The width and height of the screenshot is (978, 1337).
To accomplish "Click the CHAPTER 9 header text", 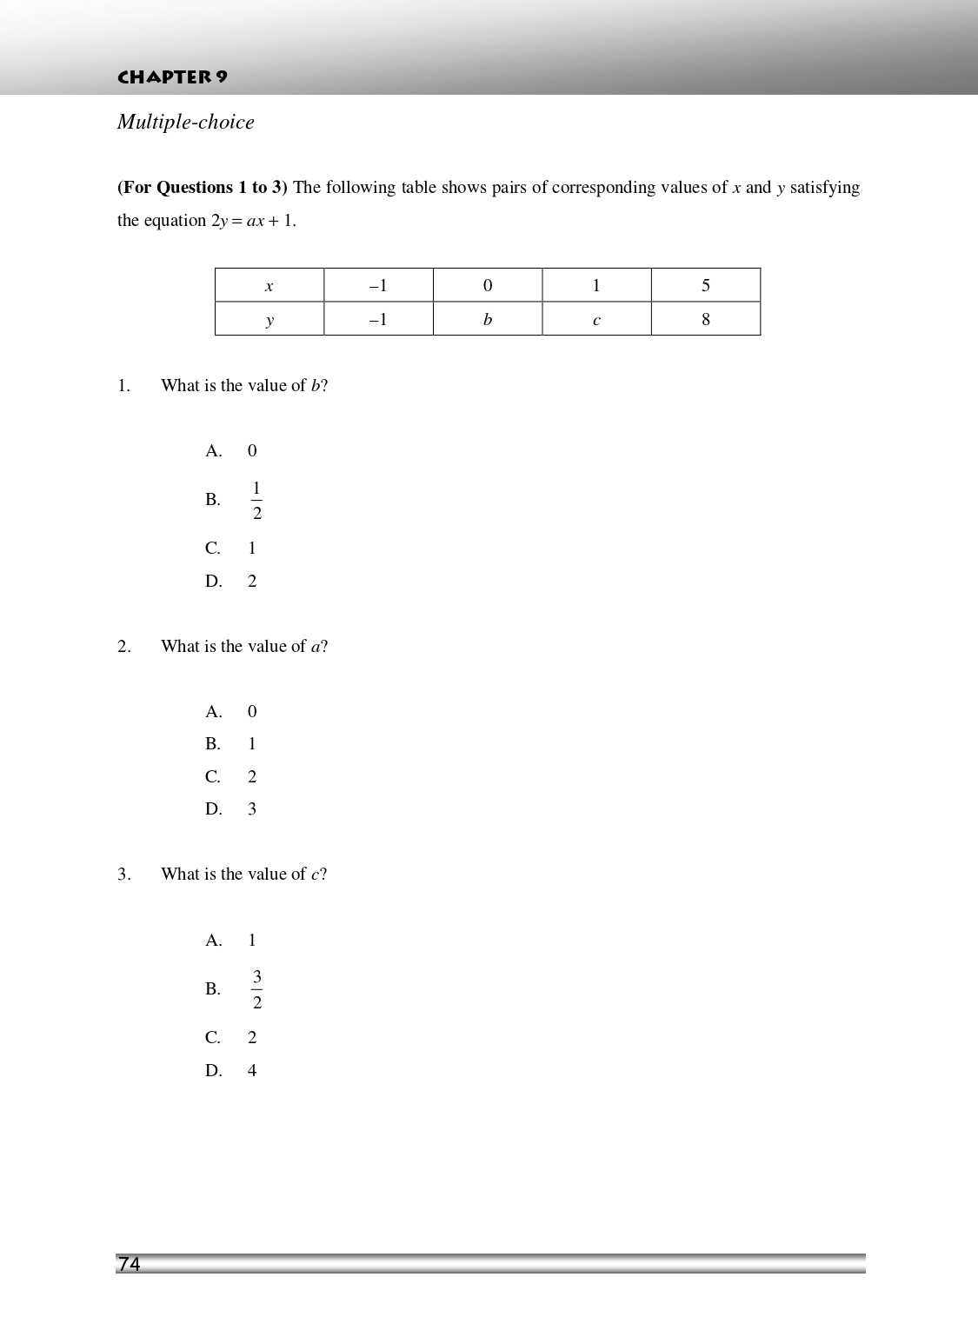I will click(172, 76).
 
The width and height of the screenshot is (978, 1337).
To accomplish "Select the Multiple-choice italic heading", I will click(186, 123).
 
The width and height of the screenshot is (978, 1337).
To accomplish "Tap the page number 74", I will click(130, 1264).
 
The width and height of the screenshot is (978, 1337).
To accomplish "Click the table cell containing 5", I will click(705, 285).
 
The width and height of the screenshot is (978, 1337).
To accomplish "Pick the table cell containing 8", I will click(705, 319).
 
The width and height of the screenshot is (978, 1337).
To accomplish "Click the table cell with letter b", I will click(487, 319).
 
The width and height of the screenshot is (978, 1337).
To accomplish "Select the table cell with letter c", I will click(596, 320).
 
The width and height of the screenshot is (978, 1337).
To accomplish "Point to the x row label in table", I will click(269, 285).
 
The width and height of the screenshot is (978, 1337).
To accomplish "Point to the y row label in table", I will click(269, 320).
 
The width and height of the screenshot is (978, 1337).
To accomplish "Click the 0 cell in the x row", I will click(487, 285).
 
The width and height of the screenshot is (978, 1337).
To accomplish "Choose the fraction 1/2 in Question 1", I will click(256, 501).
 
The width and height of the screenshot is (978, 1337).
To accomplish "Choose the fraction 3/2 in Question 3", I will click(256, 989).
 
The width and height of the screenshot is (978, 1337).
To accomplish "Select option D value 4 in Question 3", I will click(252, 1071).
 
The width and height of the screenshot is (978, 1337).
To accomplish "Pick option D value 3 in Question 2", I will click(252, 809).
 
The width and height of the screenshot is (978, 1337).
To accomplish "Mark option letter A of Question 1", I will click(214, 451).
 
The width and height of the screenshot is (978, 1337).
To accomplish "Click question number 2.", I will click(123, 647).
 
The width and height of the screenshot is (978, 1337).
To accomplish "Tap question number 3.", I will click(123, 875).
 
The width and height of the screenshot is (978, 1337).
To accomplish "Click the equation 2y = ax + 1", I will click(253, 221).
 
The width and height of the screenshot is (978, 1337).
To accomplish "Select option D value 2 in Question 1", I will click(252, 582).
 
